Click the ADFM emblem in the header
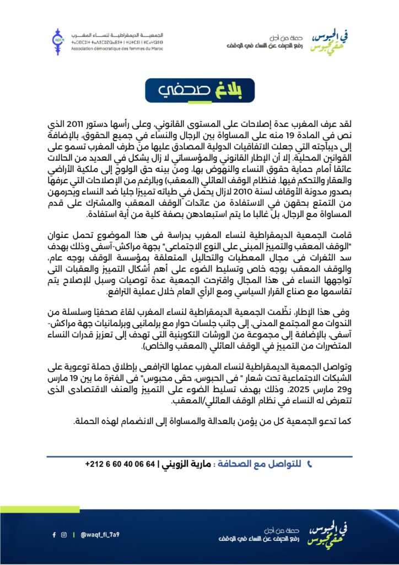pos(58,38)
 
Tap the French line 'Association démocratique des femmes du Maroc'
pos(114,48)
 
